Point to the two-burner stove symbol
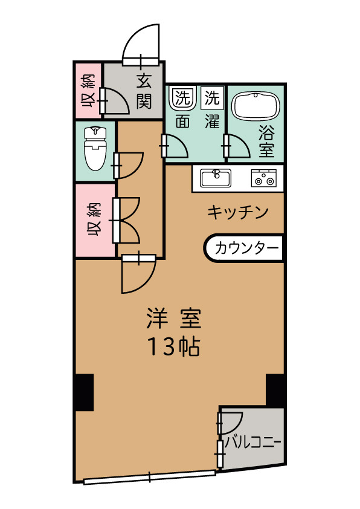(264, 178)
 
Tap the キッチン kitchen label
(237, 212)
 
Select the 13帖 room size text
(173, 346)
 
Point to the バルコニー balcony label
(253, 441)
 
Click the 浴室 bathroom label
(266, 140)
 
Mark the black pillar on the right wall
(275, 390)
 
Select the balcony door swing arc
(231, 422)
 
